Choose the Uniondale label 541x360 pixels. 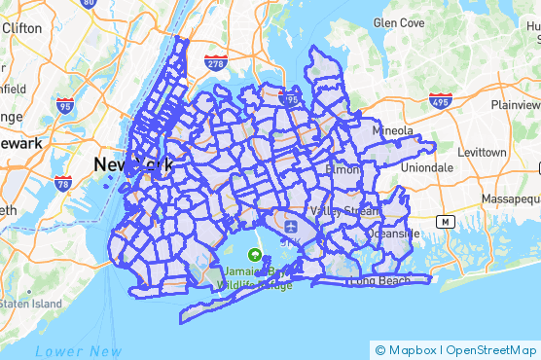pyautogui.click(x=425, y=167)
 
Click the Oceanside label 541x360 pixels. pyautogui.click(x=392, y=234)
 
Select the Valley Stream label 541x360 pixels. pyautogui.click(x=334, y=211)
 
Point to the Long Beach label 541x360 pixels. pyautogui.click(x=379, y=281)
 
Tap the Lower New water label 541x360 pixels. pyautogui.click(x=78, y=350)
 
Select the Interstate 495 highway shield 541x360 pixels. pyautogui.click(x=439, y=100)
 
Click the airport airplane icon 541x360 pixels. pyautogui.click(x=290, y=227)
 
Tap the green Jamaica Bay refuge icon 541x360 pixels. pyautogui.click(x=255, y=255)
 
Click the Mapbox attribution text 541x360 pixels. pyautogui.click(x=411, y=349)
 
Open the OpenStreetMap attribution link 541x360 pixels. pyautogui.click(x=489, y=349)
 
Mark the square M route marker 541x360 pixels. pyautogui.click(x=446, y=221)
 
